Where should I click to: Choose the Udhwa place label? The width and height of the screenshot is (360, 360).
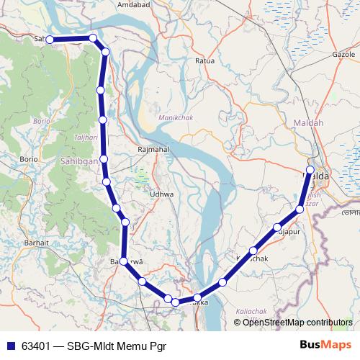(161, 194)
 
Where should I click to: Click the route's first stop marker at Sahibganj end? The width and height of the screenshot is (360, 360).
(50, 40)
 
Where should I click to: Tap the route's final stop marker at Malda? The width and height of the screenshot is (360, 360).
(310, 171)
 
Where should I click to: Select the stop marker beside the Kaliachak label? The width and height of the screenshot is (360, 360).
(253, 251)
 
